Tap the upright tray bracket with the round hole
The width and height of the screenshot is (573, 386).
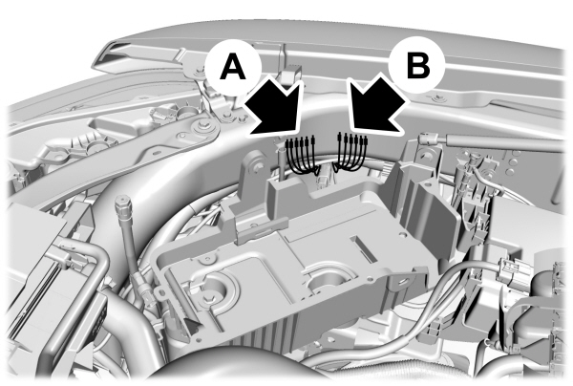[255, 172]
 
